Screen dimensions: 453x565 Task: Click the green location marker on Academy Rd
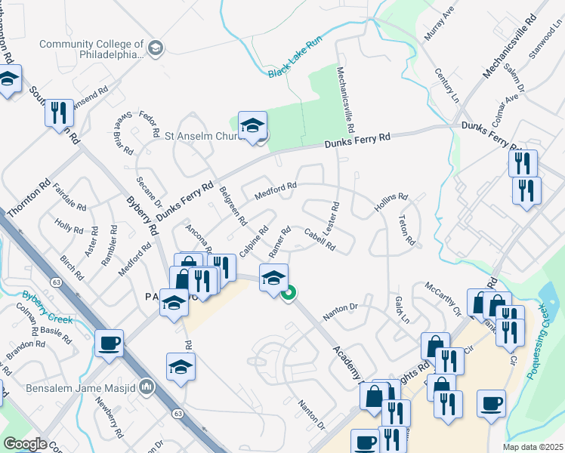(x=288, y=293)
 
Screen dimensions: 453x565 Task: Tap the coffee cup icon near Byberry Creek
(x=109, y=344)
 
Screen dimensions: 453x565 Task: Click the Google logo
(x=25, y=444)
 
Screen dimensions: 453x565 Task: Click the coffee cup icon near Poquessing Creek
(x=491, y=403)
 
